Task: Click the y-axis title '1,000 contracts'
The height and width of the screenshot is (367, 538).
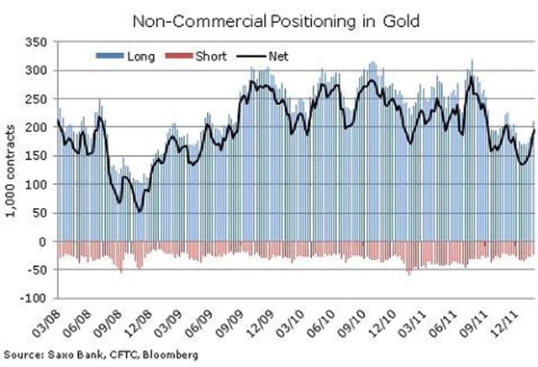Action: pyautogui.click(x=11, y=168)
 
